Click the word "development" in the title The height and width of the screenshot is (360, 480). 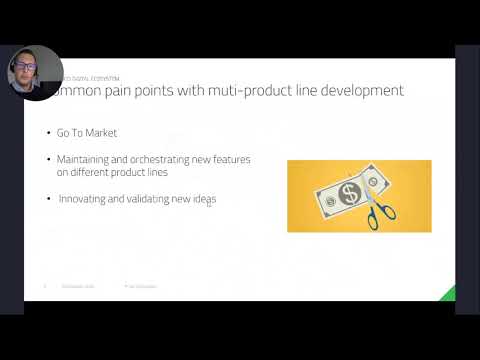[x=363, y=91]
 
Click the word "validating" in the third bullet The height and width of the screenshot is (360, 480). [x=147, y=199]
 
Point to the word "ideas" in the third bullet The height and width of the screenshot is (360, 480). [x=204, y=199]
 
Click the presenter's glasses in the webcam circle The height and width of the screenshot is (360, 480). [x=30, y=70]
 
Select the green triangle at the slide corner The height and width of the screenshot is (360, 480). [x=449, y=293]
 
